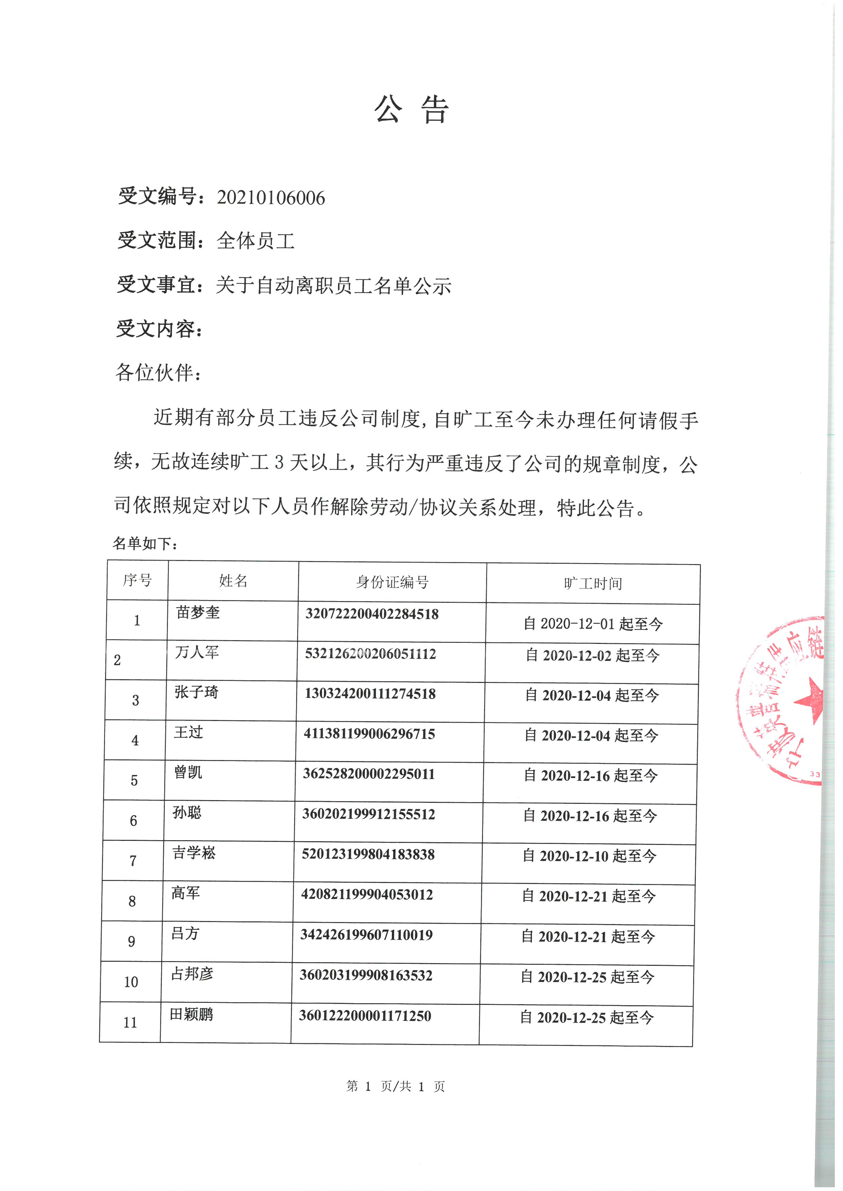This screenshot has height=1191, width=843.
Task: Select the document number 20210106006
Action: click(271, 198)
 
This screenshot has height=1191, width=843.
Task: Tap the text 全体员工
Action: click(255, 241)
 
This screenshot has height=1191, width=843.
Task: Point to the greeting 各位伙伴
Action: click(158, 373)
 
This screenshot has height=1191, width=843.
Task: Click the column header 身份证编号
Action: click(392, 582)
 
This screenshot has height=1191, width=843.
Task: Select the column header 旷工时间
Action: click(593, 583)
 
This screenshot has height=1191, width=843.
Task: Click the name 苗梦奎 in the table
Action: click(198, 613)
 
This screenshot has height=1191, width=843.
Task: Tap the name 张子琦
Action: click(196, 692)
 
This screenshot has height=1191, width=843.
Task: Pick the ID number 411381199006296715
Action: click(369, 734)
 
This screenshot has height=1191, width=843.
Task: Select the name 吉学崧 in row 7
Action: click(194, 852)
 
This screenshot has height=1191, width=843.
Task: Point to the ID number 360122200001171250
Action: click(365, 1016)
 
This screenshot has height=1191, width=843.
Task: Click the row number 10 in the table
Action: click(131, 981)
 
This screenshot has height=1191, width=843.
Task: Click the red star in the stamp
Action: click(810, 699)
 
